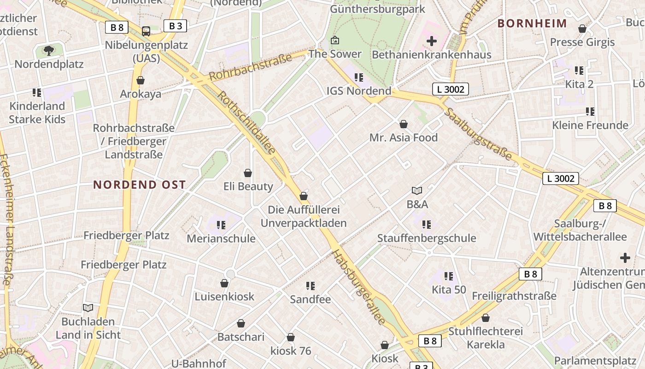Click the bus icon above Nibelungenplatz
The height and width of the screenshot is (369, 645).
[146, 31]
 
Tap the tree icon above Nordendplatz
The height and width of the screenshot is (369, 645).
[48, 50]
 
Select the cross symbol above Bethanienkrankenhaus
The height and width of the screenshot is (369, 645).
[432, 41]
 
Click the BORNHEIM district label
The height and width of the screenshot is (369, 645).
[532, 24]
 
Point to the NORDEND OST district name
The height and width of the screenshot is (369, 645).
[140, 185]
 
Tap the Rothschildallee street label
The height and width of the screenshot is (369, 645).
[246, 123]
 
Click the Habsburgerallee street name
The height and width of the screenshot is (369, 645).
[359, 288]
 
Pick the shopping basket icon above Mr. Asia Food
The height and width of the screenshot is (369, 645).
[404, 124]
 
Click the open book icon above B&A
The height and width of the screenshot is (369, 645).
[417, 190]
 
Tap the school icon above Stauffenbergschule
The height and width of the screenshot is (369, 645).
[427, 225]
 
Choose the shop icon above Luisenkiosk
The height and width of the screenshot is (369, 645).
[224, 283]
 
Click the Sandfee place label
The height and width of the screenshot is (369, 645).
[311, 299]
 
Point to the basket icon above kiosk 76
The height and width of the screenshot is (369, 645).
[291, 337]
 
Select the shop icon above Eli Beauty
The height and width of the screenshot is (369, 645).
[248, 173]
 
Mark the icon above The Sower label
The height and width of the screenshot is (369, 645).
[335, 41]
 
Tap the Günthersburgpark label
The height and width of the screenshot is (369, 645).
[378, 9]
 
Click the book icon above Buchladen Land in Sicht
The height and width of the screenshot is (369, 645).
[88, 308]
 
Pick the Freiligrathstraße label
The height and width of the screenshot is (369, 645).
[514, 296]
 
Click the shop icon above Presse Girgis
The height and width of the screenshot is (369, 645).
[582, 29]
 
